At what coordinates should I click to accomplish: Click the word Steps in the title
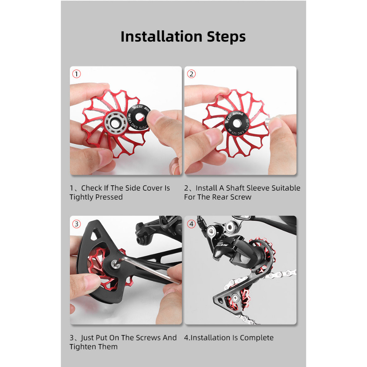[x=227, y=37]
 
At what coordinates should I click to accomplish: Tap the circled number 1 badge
[x=76, y=74]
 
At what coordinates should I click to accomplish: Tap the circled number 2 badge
[x=191, y=74]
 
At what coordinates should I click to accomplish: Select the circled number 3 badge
[x=76, y=224]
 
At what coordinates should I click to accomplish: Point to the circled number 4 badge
[x=191, y=224]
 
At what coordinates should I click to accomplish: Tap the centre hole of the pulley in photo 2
[x=237, y=123]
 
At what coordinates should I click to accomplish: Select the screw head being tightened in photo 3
[x=115, y=264]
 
